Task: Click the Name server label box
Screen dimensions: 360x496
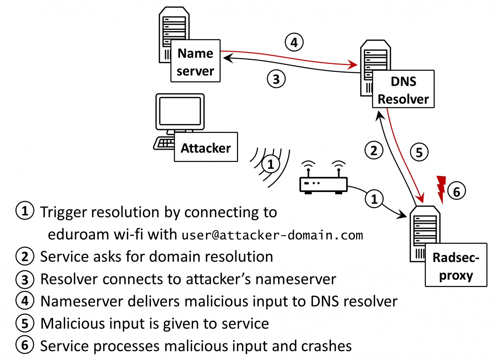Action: (x=195, y=61)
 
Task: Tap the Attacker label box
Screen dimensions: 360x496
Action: (x=206, y=147)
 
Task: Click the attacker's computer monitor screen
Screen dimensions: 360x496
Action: (x=180, y=111)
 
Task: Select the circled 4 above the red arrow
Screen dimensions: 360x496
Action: (x=294, y=42)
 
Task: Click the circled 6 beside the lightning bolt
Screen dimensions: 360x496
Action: (x=456, y=191)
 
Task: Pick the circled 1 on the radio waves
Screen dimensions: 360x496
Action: (x=271, y=164)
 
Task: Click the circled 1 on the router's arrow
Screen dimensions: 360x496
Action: (x=374, y=199)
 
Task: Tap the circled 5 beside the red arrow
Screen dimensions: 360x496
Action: (x=419, y=152)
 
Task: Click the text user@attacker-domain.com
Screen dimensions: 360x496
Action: (x=272, y=235)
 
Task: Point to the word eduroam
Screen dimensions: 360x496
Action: (x=78, y=235)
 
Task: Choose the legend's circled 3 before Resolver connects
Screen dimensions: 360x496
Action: (x=25, y=280)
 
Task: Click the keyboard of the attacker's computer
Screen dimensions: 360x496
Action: (x=164, y=143)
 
